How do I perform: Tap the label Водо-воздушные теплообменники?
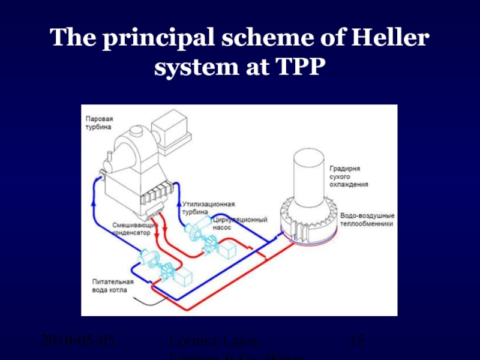(x=367, y=219)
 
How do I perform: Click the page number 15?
(x=357, y=341)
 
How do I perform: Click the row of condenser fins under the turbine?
(x=155, y=196)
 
